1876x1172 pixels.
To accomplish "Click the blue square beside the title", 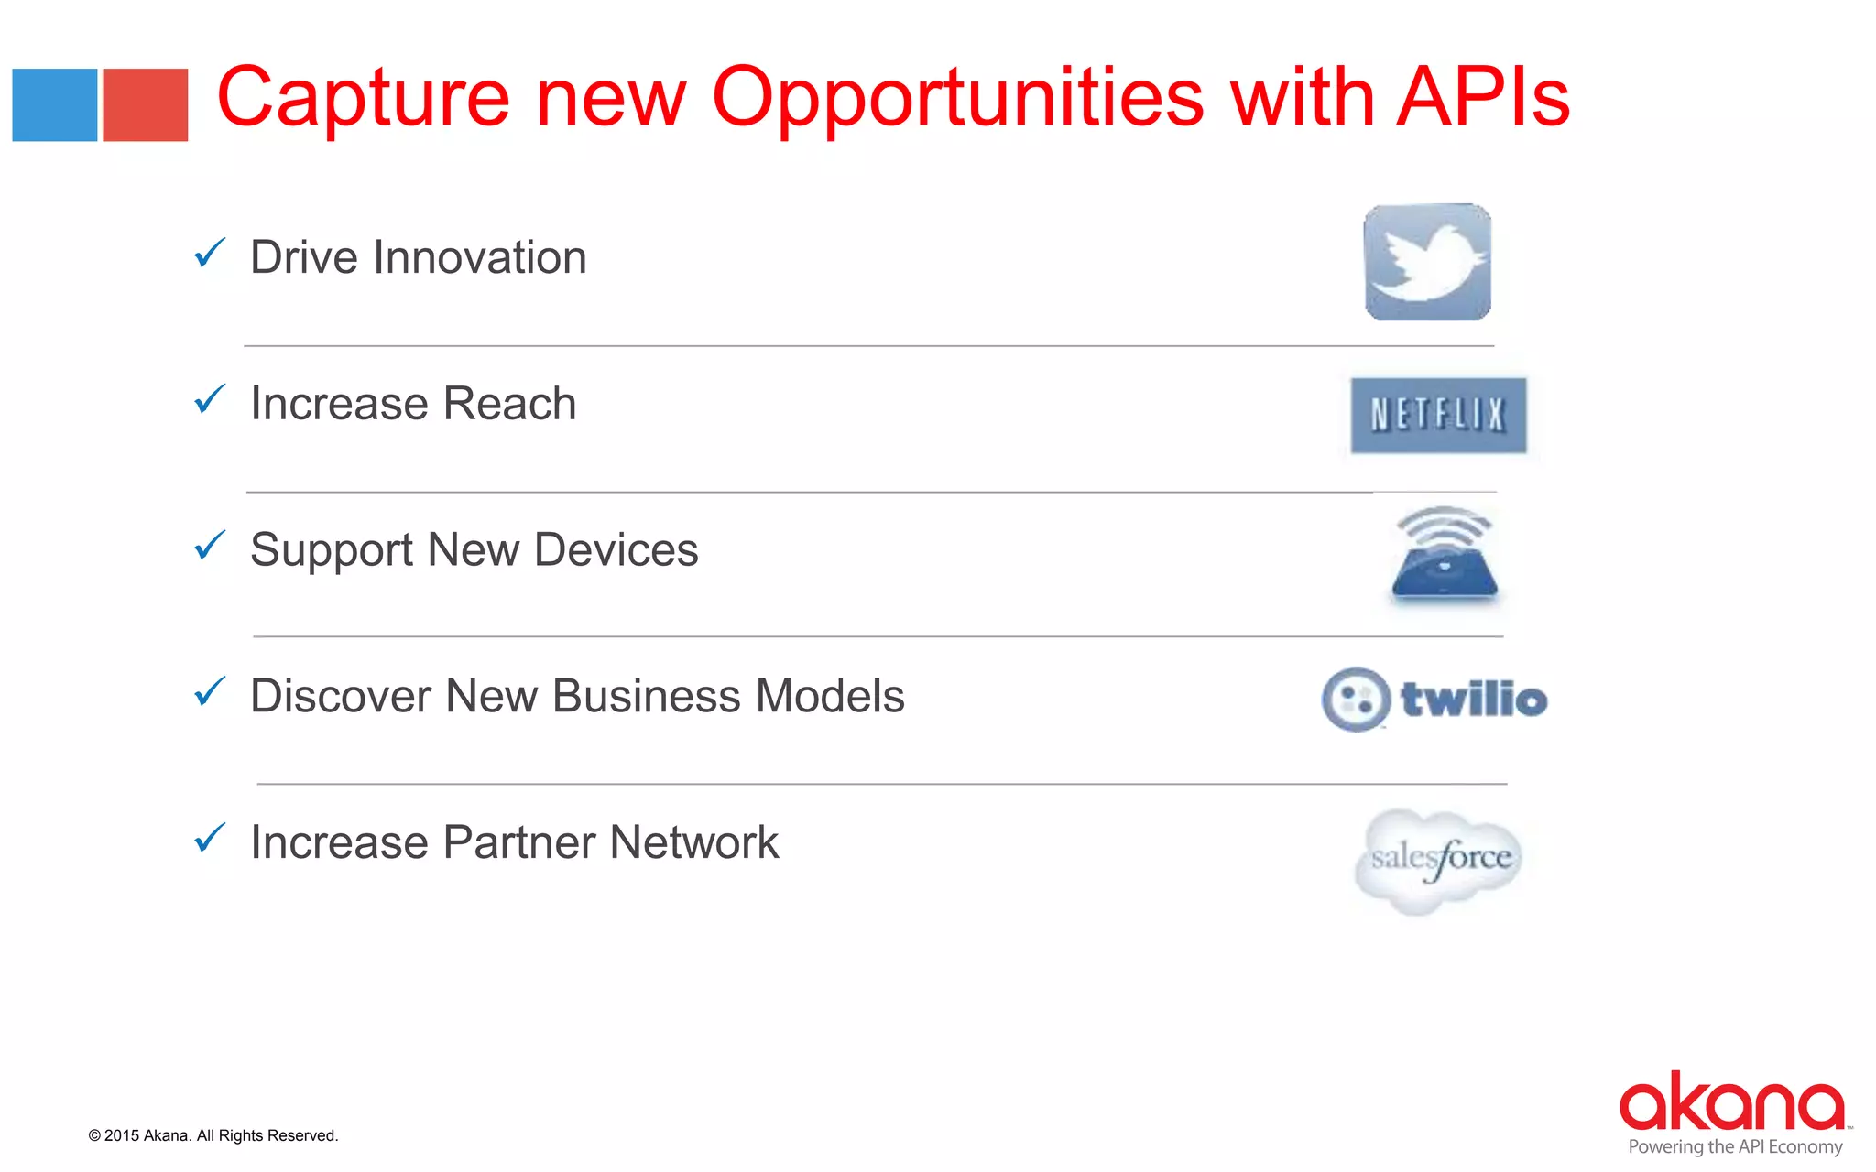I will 55,105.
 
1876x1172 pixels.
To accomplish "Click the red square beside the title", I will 145,105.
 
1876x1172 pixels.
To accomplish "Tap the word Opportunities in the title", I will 957,99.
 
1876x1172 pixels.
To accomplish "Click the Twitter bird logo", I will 1427,263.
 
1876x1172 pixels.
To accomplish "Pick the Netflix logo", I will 1438,416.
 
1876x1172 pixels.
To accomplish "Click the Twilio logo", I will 1434,700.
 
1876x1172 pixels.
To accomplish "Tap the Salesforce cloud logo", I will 1439,860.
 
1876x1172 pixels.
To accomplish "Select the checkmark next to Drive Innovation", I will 210,253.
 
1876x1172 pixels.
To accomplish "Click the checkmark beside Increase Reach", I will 210,399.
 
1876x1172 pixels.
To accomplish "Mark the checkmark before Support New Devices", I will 210,546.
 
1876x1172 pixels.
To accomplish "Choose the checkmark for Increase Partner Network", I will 210,838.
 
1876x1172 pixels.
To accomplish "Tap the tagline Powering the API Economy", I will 1735,1147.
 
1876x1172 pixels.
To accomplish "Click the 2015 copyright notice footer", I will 213,1135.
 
